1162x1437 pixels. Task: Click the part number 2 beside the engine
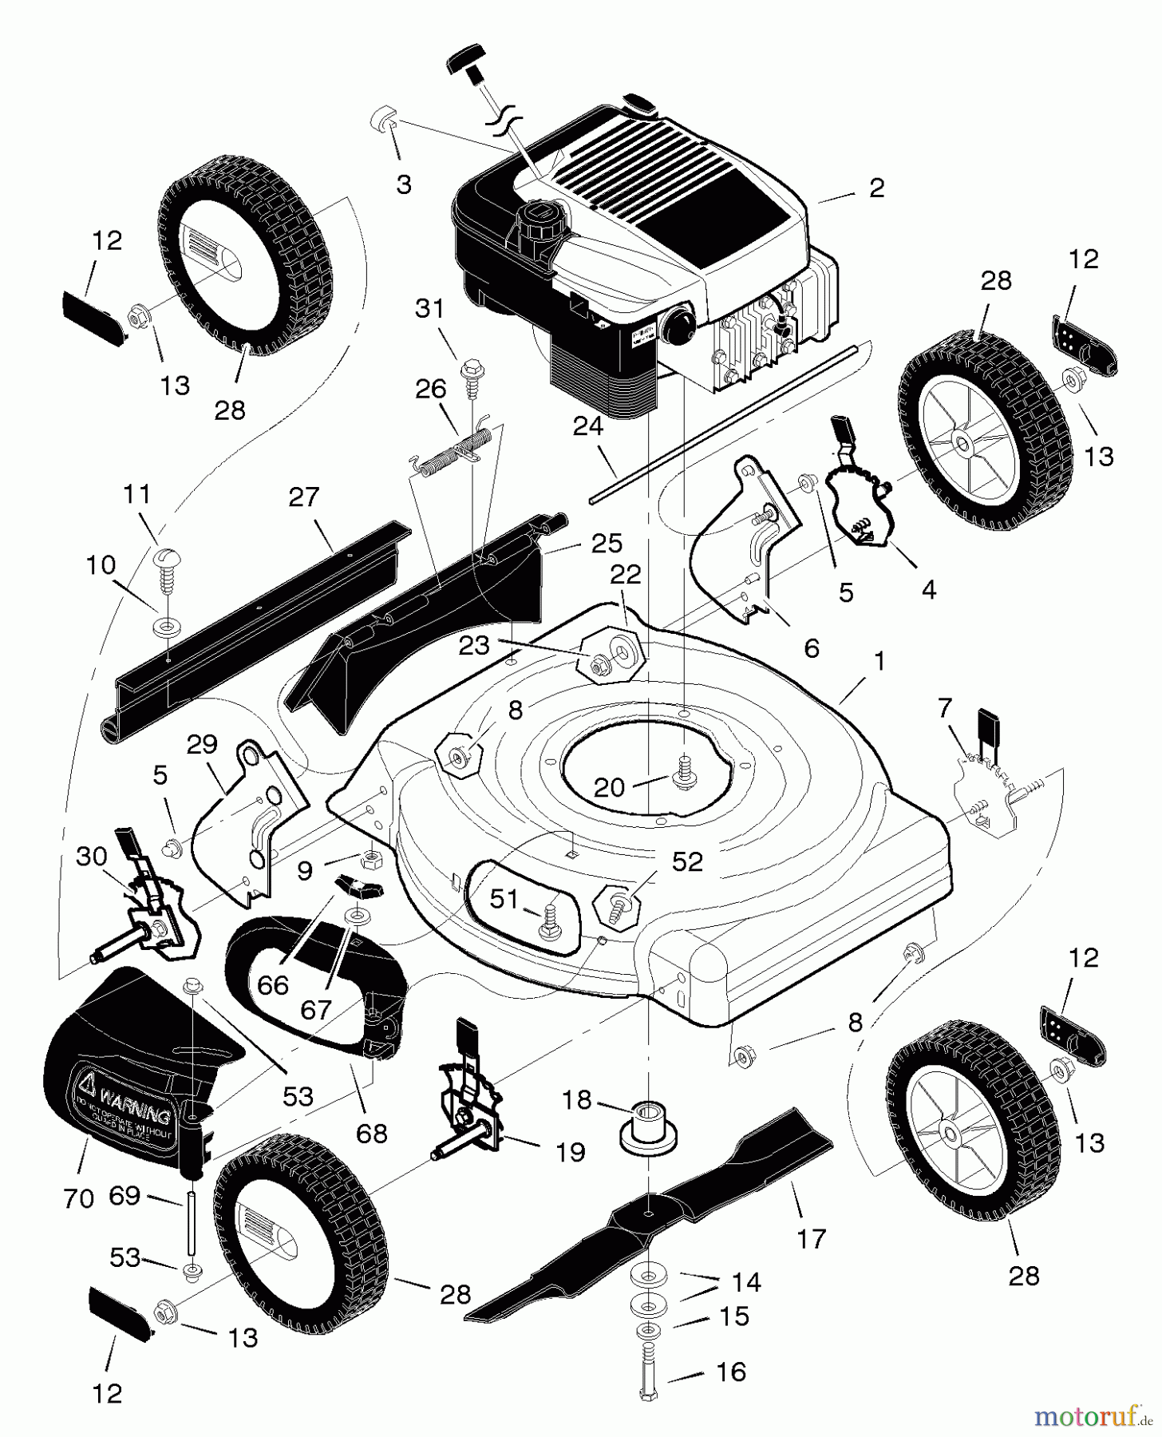(x=876, y=188)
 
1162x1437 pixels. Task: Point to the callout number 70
(x=79, y=1197)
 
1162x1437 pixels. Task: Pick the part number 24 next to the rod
(x=588, y=428)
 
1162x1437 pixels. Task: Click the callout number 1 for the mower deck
(x=879, y=662)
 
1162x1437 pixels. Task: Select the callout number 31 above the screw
(x=430, y=308)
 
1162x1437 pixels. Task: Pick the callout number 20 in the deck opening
(x=610, y=788)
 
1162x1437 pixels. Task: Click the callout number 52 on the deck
(x=687, y=861)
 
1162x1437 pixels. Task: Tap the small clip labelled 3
(x=383, y=122)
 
